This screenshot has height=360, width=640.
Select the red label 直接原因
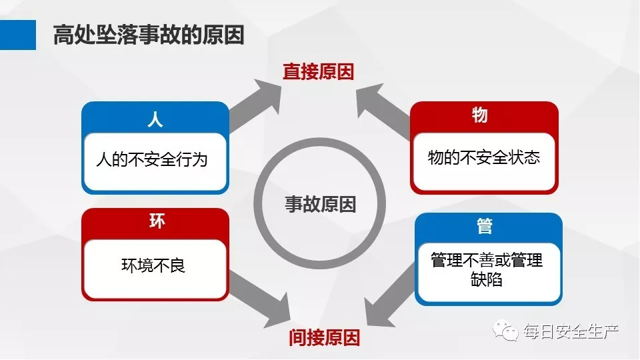(318, 72)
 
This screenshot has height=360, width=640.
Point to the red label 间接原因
(325, 337)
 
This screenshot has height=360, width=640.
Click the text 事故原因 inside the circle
(321, 203)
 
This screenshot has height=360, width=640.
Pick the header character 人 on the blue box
(155, 119)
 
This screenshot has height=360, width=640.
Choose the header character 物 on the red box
(479, 115)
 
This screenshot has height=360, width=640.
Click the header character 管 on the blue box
(485, 226)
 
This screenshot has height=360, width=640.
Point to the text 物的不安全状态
(483, 157)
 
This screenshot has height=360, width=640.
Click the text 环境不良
(153, 265)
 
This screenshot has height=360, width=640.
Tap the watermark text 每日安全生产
(571, 331)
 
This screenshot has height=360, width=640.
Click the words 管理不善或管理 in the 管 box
(487, 259)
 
